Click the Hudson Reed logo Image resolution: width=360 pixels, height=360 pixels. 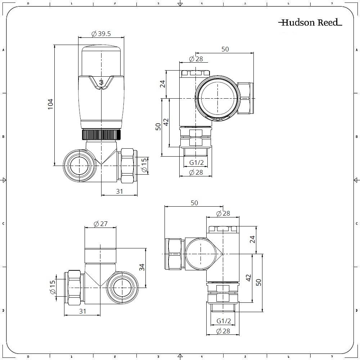coord(310,23)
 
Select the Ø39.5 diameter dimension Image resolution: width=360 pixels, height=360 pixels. coord(101,33)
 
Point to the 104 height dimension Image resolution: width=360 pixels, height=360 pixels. coord(50,104)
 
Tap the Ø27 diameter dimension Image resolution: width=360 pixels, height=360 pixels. coord(100,224)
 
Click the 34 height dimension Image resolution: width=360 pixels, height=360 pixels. coord(142,267)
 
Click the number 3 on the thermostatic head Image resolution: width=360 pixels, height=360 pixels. coord(101,82)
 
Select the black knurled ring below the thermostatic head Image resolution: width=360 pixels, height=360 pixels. coord(101,135)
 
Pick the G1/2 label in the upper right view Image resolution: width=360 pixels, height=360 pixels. coord(197,163)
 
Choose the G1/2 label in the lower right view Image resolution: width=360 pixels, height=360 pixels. coord(224,321)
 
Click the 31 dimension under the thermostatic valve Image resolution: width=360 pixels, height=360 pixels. coord(119,192)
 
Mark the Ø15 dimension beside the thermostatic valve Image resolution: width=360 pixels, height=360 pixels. coord(144,165)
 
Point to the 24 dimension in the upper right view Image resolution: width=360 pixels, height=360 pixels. coord(162,84)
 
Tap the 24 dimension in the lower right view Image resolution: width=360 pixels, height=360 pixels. coord(252,239)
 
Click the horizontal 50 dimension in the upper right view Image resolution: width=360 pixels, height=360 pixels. coord(225,49)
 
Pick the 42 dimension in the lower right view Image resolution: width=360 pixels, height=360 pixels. coord(248,278)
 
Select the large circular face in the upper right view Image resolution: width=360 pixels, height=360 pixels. coord(217,98)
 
